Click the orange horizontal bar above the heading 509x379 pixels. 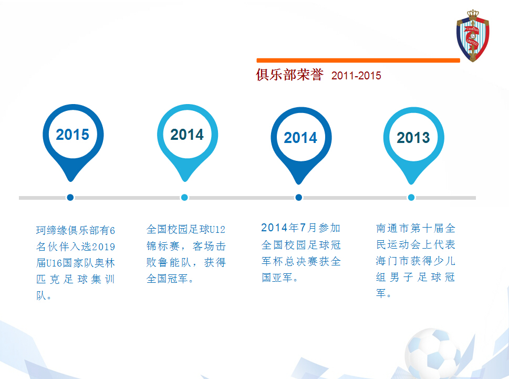click(x=358, y=60)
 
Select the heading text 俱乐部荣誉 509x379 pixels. click(x=289, y=75)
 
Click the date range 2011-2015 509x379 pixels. click(x=356, y=76)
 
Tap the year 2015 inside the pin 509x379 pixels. click(x=72, y=135)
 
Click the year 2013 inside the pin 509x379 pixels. click(x=413, y=138)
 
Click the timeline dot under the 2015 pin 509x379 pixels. click(x=70, y=198)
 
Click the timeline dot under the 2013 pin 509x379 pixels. click(x=411, y=198)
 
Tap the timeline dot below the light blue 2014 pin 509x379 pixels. click(x=184, y=198)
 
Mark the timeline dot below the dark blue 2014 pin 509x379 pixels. click(x=298, y=198)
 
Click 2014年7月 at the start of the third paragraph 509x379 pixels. click(x=289, y=228)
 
